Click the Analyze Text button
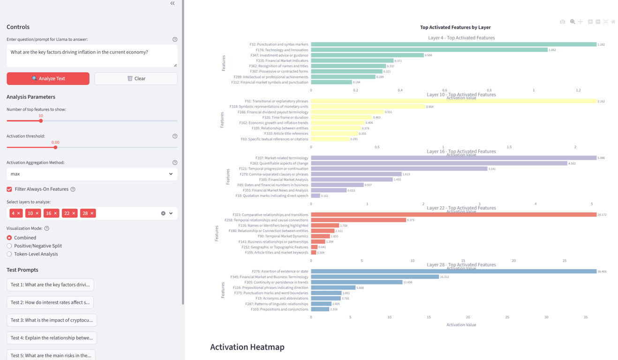tap(48, 78)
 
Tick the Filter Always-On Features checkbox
tap(9, 189)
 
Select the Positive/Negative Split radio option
tap(9, 246)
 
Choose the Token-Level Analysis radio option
tap(9, 254)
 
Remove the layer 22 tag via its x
tap(74, 213)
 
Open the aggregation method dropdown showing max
tap(92, 174)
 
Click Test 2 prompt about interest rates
tap(50, 302)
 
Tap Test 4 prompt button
tap(52, 337)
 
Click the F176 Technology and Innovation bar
tap(429, 50)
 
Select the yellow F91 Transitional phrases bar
tap(453, 101)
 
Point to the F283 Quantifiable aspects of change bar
tap(439, 163)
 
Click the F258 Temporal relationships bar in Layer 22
tap(358, 220)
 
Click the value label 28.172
tap(602, 215)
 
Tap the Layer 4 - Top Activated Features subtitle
tap(461, 37)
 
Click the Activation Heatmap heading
tap(247, 347)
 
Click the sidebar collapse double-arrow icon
tap(173, 3)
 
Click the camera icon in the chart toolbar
tap(562, 22)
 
